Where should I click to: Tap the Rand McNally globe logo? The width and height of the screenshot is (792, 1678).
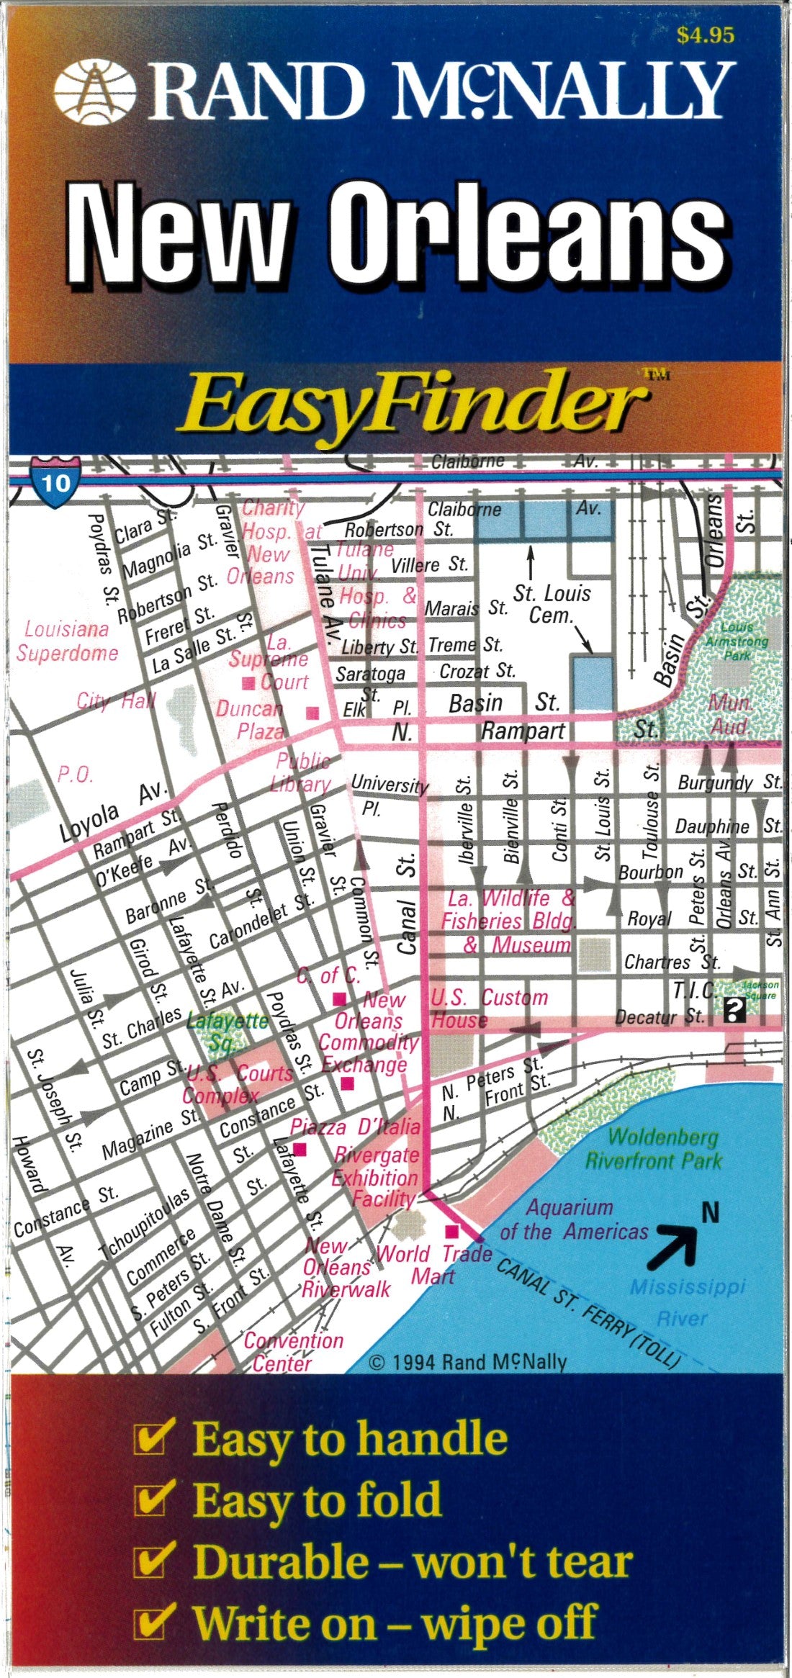94,91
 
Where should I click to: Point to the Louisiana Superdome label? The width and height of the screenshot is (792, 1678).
67,641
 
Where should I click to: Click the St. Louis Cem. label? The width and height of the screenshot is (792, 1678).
552,604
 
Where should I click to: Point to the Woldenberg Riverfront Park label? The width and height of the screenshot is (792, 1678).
652,1149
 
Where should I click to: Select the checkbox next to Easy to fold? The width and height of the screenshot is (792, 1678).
154,1501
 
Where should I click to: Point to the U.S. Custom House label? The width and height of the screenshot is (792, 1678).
490,1009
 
